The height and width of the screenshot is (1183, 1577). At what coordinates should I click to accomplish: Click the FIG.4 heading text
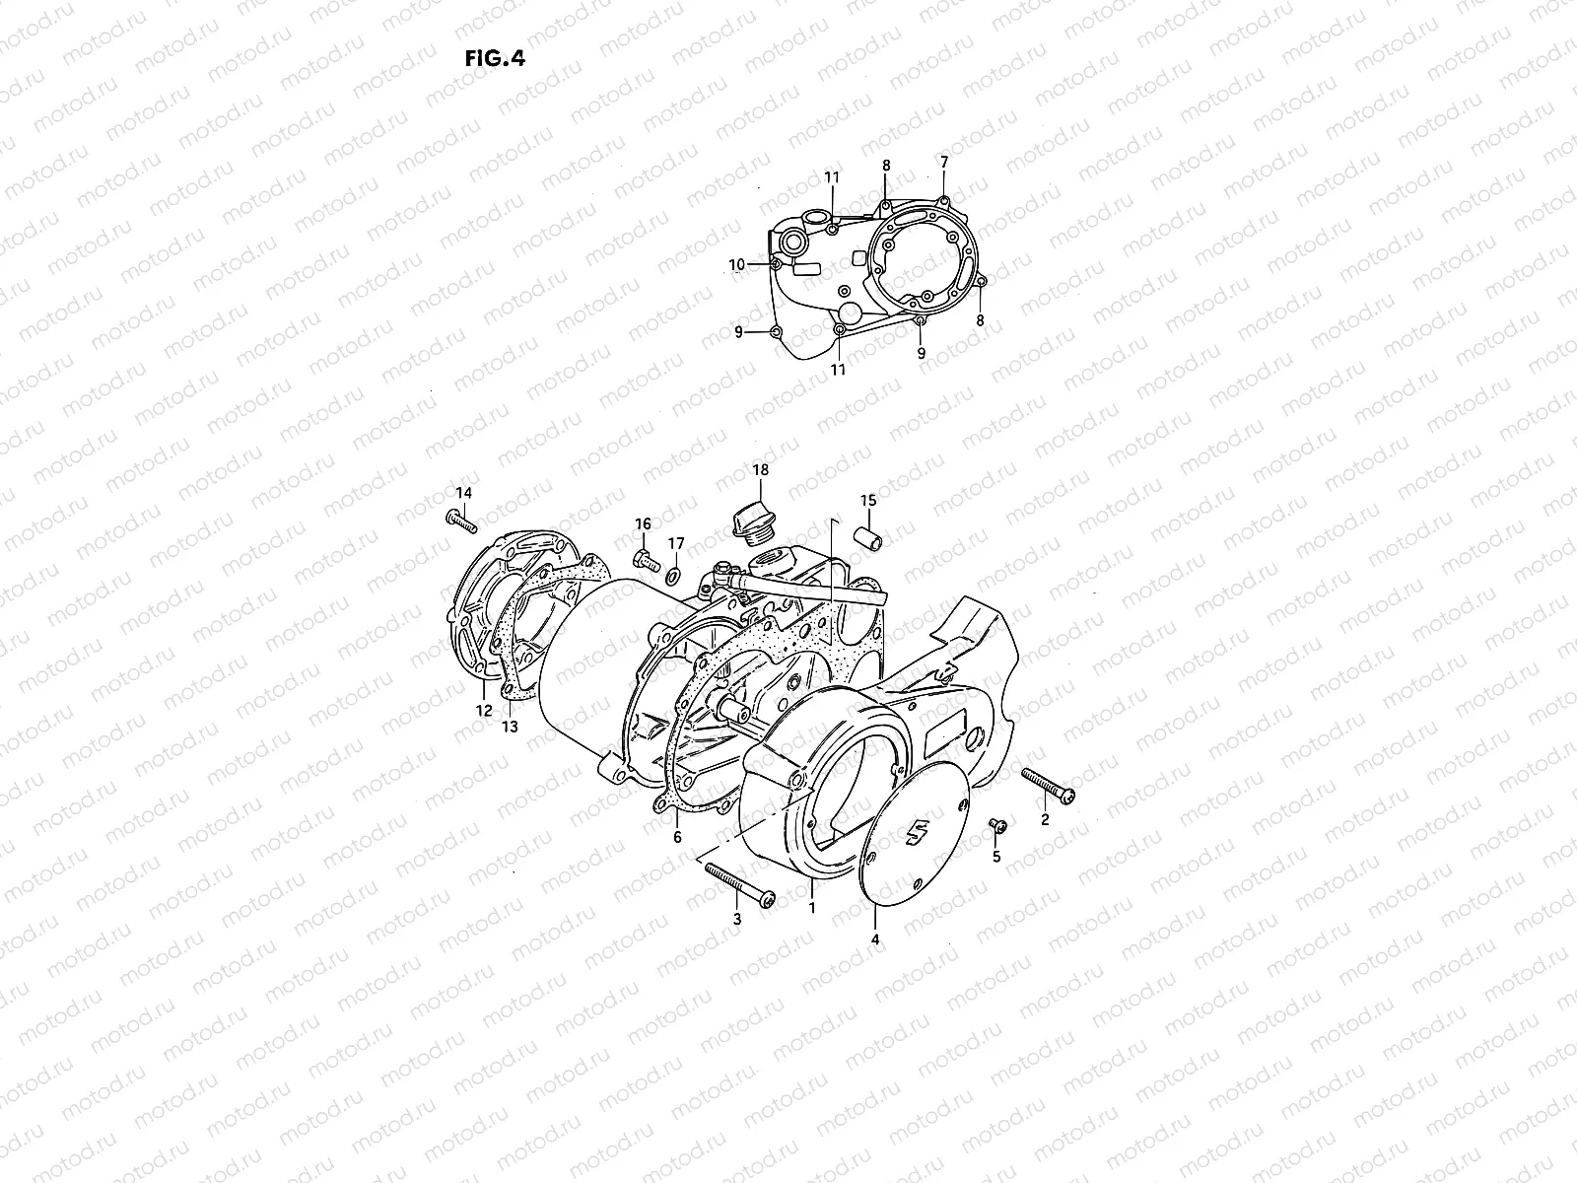point(494,58)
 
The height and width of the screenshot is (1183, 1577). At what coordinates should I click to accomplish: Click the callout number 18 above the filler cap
point(760,469)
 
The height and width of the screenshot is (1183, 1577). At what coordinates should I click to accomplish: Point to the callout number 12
point(483,711)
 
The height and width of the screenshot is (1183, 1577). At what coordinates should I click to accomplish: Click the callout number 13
point(509,727)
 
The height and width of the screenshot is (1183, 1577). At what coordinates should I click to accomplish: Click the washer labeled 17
point(675,574)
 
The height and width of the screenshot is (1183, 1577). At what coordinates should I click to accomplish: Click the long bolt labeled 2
point(1050,787)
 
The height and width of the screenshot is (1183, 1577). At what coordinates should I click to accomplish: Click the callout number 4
point(874,939)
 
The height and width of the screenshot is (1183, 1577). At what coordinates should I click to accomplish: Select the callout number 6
point(676,837)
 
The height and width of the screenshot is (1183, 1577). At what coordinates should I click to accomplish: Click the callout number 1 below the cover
point(811,906)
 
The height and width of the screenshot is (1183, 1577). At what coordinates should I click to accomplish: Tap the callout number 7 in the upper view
point(943,161)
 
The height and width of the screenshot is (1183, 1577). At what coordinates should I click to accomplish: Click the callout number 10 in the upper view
point(737,264)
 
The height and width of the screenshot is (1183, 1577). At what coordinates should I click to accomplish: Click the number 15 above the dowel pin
point(867,501)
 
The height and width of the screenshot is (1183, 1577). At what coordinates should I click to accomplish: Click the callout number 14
point(463,492)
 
